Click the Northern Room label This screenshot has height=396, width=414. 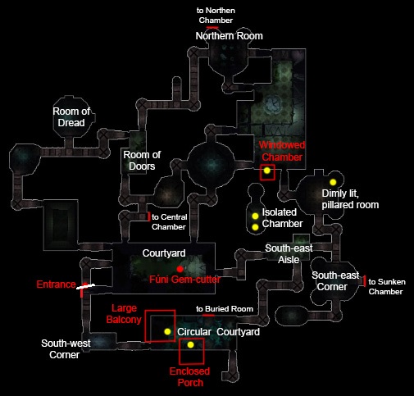(230, 36)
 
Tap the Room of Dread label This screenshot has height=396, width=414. (71, 117)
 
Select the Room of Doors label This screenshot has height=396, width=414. (142, 161)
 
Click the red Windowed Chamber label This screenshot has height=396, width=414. (282, 151)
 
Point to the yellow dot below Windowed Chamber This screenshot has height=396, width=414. (267, 171)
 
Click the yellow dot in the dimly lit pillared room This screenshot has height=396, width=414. (333, 182)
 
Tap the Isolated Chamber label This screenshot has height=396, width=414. (282, 218)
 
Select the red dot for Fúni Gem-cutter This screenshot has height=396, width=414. (180, 269)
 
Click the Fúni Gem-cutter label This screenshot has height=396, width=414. (184, 280)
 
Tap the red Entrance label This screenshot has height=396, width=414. (56, 284)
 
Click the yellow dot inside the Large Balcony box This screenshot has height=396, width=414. (167, 331)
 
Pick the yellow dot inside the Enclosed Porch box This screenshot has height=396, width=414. (190, 345)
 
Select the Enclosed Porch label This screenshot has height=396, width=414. (190, 377)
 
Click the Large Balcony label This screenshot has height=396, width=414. (124, 314)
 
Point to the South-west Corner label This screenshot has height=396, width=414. (66, 349)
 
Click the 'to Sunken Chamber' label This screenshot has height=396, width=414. (387, 287)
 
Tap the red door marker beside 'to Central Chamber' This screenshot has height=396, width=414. (149, 216)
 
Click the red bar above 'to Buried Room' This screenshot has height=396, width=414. (208, 316)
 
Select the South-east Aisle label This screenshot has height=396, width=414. (289, 254)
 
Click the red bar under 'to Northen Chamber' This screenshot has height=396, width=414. (212, 27)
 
